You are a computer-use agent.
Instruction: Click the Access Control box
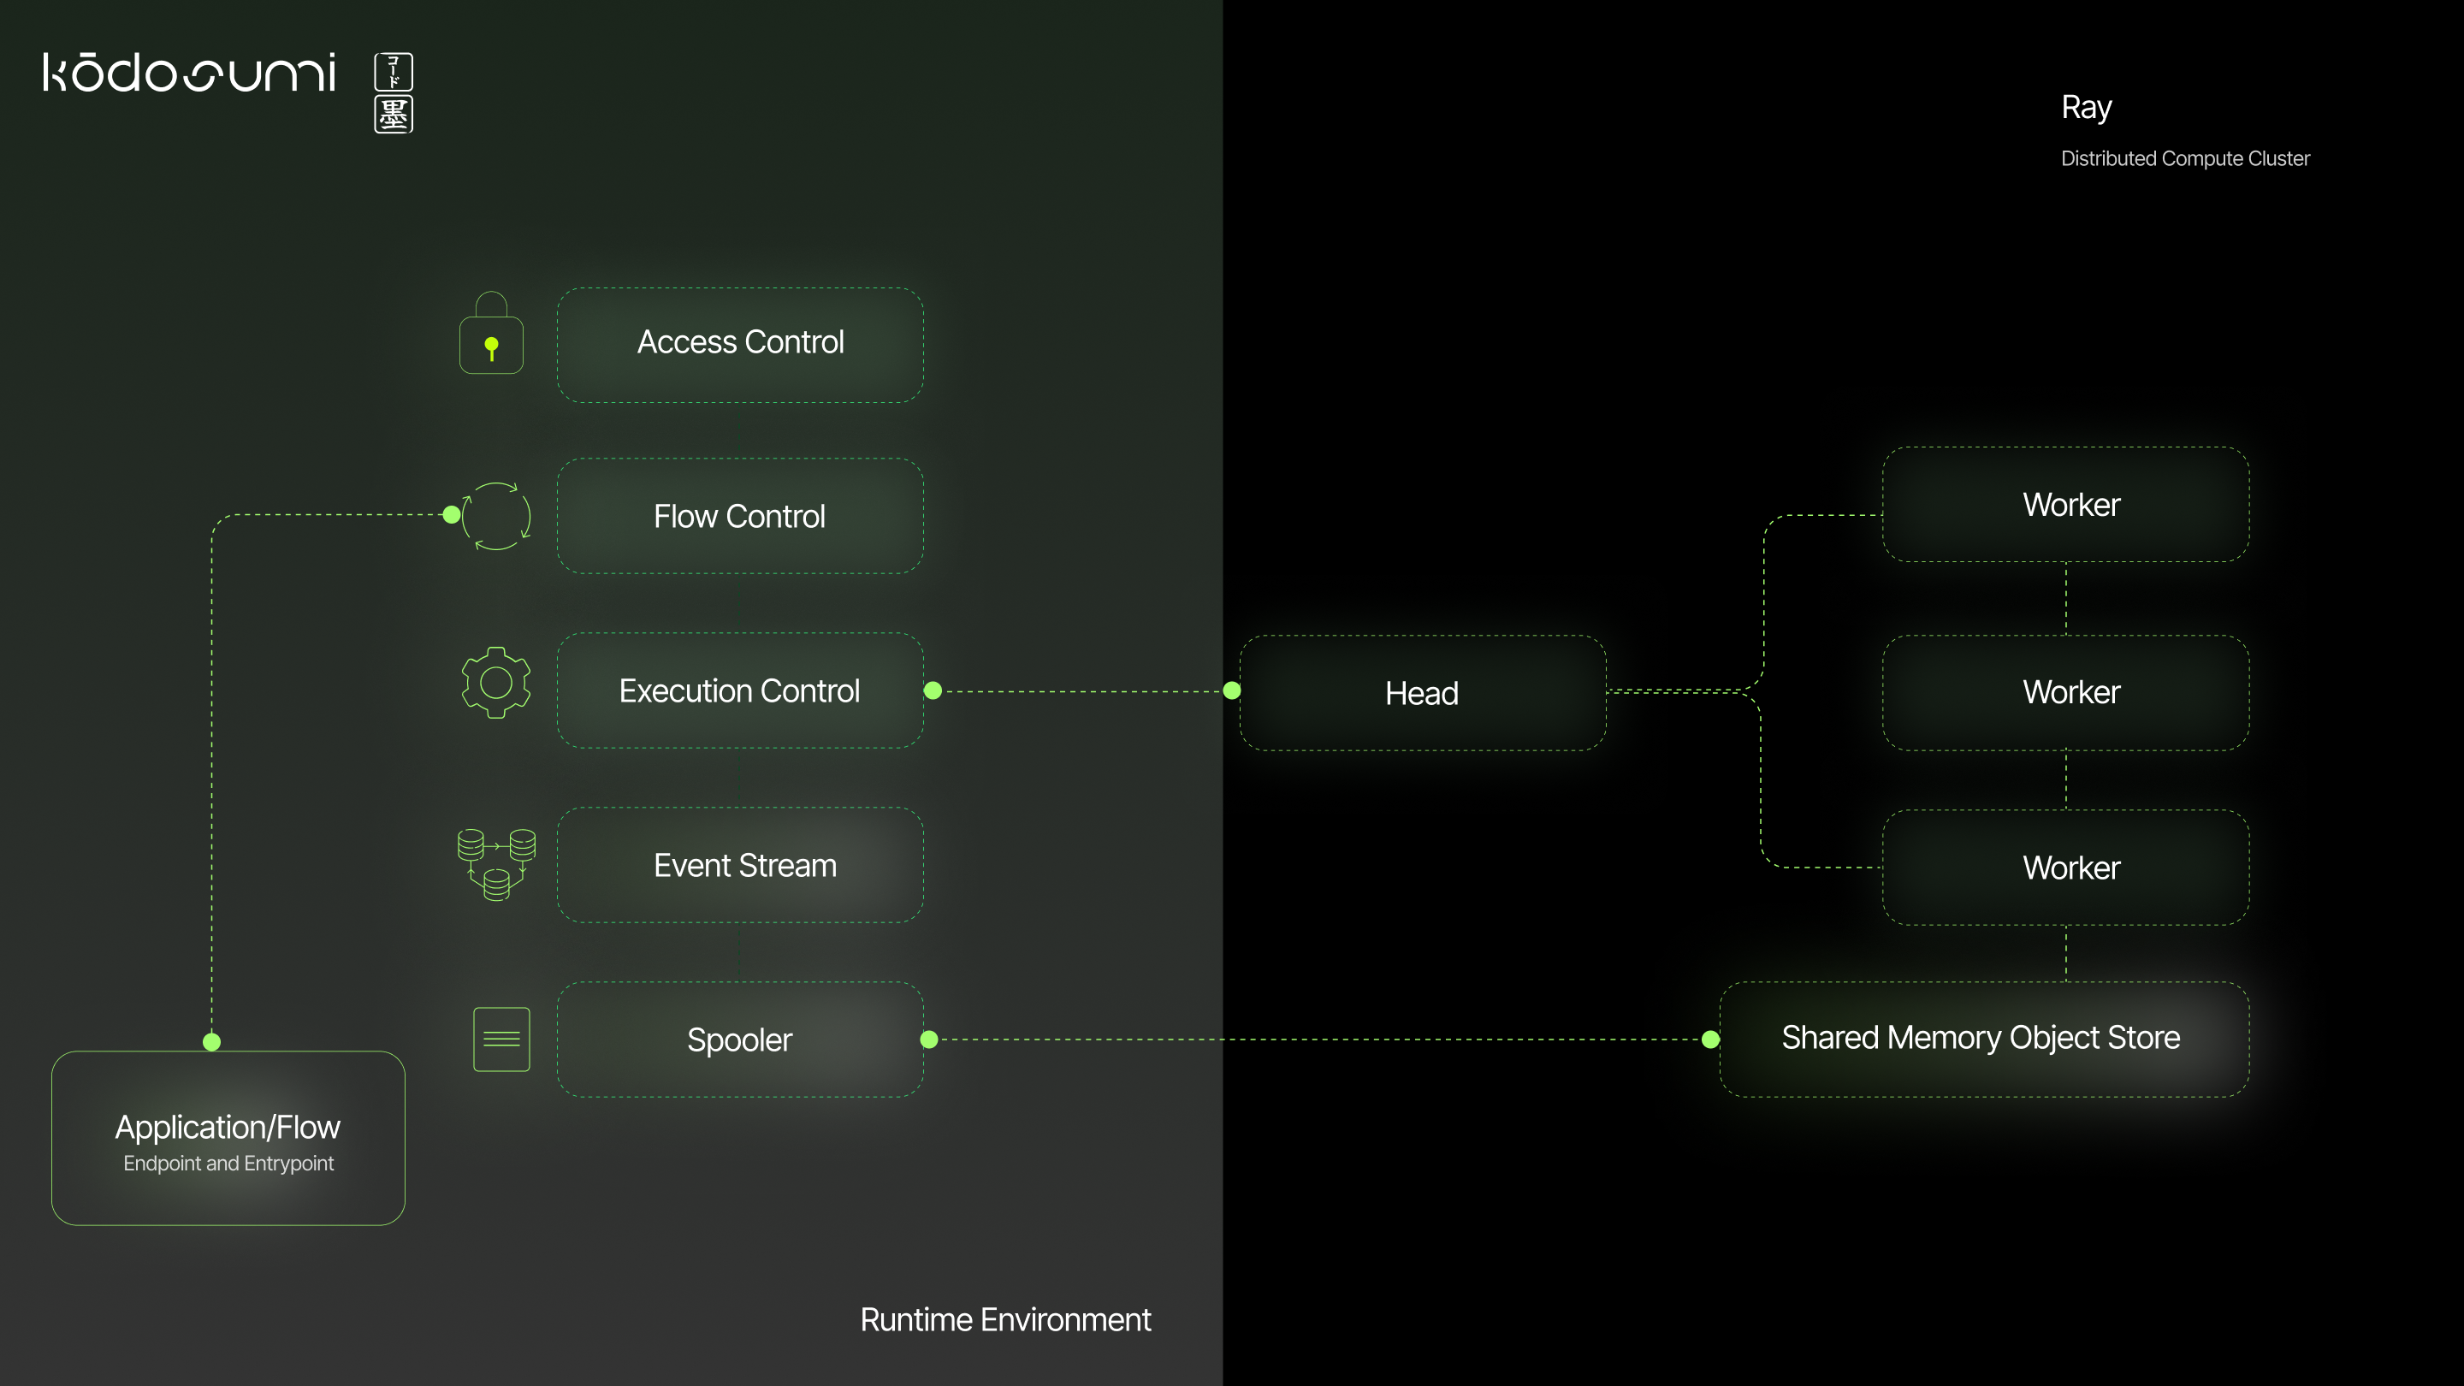[739, 344]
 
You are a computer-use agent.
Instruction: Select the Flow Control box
[739, 517]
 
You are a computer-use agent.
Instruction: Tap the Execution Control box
[739, 690]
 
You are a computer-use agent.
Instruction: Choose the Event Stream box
[739, 865]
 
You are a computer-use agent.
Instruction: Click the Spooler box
[739, 1039]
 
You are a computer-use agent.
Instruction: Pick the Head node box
[1422, 692]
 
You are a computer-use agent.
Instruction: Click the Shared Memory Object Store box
[1983, 1039]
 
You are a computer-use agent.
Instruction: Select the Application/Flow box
[228, 1138]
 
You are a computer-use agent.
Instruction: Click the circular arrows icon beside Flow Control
[496, 517]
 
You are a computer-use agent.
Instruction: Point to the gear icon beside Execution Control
[495, 682]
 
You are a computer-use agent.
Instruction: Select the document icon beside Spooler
[501, 1039]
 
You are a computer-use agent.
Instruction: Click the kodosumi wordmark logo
[189, 73]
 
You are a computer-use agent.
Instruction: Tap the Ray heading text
[2086, 107]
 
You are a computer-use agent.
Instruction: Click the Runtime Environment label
[1005, 1320]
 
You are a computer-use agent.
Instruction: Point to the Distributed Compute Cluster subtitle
[2185, 159]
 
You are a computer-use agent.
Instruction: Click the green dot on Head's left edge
[1232, 690]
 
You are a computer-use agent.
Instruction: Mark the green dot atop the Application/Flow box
[212, 1042]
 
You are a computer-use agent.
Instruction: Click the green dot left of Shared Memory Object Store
[1710, 1039]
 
